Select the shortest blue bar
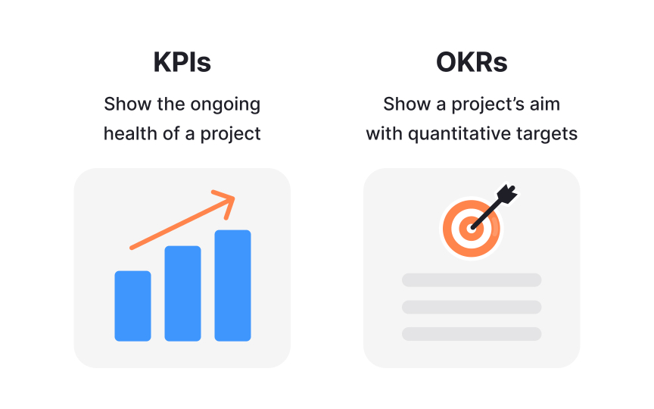(132, 305)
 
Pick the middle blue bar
(182, 293)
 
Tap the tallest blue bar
(232, 285)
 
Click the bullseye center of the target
(472, 226)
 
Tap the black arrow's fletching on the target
(505, 193)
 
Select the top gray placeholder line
(472, 279)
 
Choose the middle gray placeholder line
(472, 307)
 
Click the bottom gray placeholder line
(472, 333)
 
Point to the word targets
(551, 134)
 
